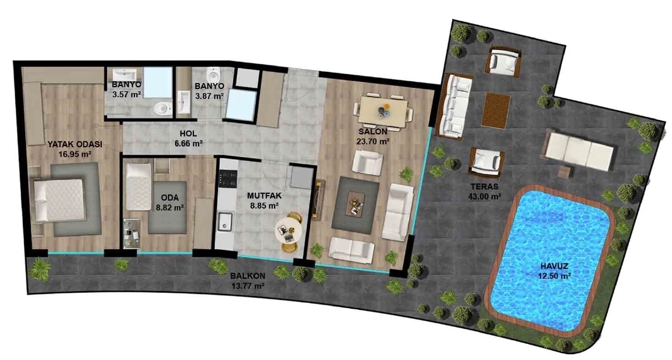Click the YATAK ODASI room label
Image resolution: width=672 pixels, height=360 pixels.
click(75, 144)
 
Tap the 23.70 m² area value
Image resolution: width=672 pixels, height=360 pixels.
click(373, 141)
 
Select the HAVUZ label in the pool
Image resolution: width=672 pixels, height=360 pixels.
click(554, 266)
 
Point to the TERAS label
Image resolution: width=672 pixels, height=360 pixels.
click(485, 187)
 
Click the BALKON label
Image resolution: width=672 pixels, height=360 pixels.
click(248, 276)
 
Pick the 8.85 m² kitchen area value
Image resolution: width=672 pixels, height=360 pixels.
click(265, 205)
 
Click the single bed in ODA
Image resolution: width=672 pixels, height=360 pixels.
click(139, 186)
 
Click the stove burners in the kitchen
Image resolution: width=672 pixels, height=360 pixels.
click(228, 179)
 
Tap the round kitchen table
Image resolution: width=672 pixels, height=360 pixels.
click(288, 230)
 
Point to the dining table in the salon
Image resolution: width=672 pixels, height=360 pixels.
click(383, 113)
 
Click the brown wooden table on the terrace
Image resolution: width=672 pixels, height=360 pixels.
click(496, 110)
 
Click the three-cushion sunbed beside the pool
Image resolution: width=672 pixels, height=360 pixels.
click(579, 150)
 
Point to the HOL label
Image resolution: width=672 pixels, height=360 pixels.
click(188, 134)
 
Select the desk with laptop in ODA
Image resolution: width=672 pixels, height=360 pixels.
click(132, 233)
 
